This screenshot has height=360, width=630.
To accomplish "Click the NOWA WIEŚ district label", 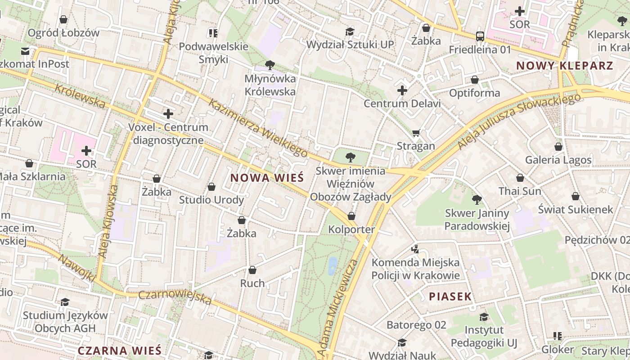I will coord(267,178).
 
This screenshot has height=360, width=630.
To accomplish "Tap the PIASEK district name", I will coord(450,297).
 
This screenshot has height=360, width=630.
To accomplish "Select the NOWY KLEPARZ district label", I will coord(564,66).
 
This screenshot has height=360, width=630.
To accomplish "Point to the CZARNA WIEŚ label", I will coord(119,351).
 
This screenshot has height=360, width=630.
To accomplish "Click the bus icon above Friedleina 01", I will coord(480,36).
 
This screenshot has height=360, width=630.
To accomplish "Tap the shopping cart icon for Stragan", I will coord(416,133).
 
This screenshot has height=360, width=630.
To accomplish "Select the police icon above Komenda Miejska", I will coord(415,249).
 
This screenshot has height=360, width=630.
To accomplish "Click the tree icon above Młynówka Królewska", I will coord(270,65).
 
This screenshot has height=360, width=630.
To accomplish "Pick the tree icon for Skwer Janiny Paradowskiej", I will coord(477,199).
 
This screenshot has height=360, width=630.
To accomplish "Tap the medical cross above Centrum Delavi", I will coord(402,90).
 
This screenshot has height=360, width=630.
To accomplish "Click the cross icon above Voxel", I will coord(168,114).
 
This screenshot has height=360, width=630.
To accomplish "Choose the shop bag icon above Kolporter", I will coord(351,216).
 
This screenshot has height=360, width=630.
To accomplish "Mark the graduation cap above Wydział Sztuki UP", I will coord(350,31).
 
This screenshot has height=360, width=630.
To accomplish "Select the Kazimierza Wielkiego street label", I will coord(258,128).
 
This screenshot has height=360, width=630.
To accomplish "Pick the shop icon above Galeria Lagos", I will coord(558,147).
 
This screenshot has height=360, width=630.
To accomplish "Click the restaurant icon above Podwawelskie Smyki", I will coord(213,33).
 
